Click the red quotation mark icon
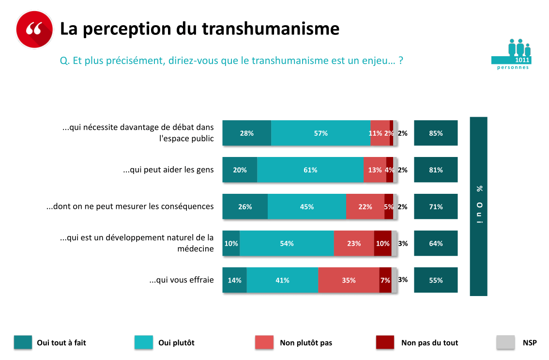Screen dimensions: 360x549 point(34,29)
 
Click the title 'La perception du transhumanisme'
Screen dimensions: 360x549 point(199,29)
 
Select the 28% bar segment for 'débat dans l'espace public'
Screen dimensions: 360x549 point(246,133)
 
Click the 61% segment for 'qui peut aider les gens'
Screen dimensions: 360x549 point(310,170)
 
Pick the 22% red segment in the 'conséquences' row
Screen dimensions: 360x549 point(365,207)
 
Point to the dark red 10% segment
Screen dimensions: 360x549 point(382,244)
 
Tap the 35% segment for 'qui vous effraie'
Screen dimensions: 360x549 point(349,281)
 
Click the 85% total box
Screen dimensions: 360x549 point(436,133)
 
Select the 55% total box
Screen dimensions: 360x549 point(436,281)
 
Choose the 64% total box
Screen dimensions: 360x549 point(436,244)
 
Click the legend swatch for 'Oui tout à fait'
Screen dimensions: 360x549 point(23,343)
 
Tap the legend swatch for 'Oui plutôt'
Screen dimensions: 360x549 point(144,343)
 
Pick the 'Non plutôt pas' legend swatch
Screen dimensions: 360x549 point(264,343)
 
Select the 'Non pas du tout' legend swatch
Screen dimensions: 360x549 point(385,343)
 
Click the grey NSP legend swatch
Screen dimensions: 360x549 point(505,343)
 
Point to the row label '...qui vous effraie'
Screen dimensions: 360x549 point(182,281)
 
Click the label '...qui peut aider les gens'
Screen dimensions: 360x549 point(168,170)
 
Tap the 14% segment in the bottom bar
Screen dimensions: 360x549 point(234,281)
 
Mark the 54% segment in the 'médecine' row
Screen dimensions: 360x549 point(287,244)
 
